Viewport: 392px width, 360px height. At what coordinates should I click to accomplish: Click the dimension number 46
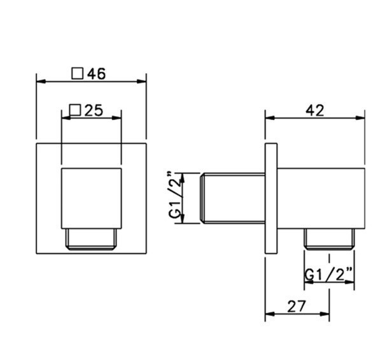96,73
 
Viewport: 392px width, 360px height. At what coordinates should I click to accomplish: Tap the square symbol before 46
78,73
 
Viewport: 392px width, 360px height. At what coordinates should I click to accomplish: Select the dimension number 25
94,110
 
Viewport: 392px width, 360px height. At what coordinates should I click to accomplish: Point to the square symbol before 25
74,110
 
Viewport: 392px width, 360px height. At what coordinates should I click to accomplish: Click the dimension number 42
314,110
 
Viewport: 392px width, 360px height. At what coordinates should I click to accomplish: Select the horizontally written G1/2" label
329,275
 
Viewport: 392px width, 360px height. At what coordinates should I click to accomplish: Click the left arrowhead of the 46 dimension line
40,81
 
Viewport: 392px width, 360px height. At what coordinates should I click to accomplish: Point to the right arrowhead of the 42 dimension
362,118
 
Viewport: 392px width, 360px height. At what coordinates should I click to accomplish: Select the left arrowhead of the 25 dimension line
64,118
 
